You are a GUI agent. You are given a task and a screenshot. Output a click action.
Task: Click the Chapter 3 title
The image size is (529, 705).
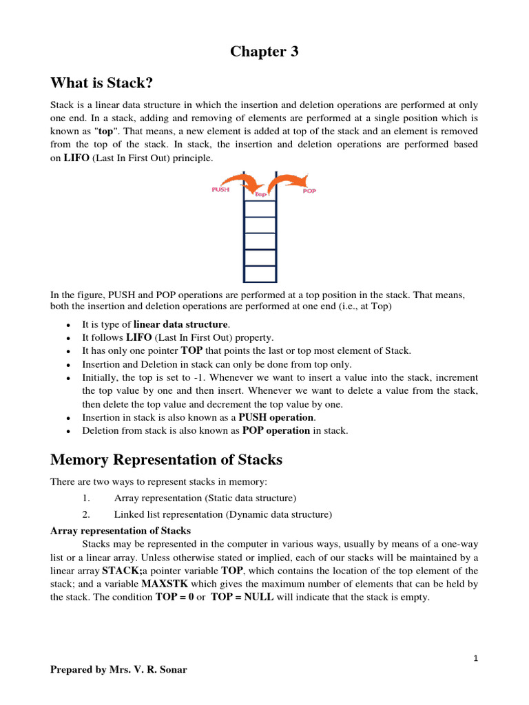[x=264, y=52]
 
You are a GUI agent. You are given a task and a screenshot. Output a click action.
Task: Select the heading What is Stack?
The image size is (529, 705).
[x=101, y=83]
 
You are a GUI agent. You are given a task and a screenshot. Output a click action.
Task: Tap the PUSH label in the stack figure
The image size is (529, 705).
[x=222, y=190]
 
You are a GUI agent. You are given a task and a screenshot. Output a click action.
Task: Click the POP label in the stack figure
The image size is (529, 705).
[x=309, y=191]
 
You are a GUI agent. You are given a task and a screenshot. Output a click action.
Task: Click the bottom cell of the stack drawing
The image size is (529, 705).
[x=260, y=274]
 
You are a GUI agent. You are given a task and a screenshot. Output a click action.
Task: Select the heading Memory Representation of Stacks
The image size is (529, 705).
[x=166, y=459]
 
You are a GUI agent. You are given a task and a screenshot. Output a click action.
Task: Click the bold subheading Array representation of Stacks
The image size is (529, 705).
[x=121, y=531]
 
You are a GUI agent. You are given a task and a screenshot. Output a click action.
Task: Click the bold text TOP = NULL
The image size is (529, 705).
[x=242, y=597]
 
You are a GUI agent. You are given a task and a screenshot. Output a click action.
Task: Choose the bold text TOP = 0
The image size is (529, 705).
[x=175, y=597]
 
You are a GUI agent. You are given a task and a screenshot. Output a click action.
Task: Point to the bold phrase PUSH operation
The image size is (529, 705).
[x=276, y=417]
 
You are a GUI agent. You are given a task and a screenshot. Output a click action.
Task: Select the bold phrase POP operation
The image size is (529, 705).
[x=276, y=430]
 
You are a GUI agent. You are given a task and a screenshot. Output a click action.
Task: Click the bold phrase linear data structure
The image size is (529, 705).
[x=180, y=324]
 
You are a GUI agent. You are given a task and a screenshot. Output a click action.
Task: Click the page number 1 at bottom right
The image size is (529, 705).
[x=475, y=658]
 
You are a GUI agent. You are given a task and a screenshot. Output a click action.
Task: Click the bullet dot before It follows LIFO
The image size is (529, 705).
[x=67, y=338]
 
